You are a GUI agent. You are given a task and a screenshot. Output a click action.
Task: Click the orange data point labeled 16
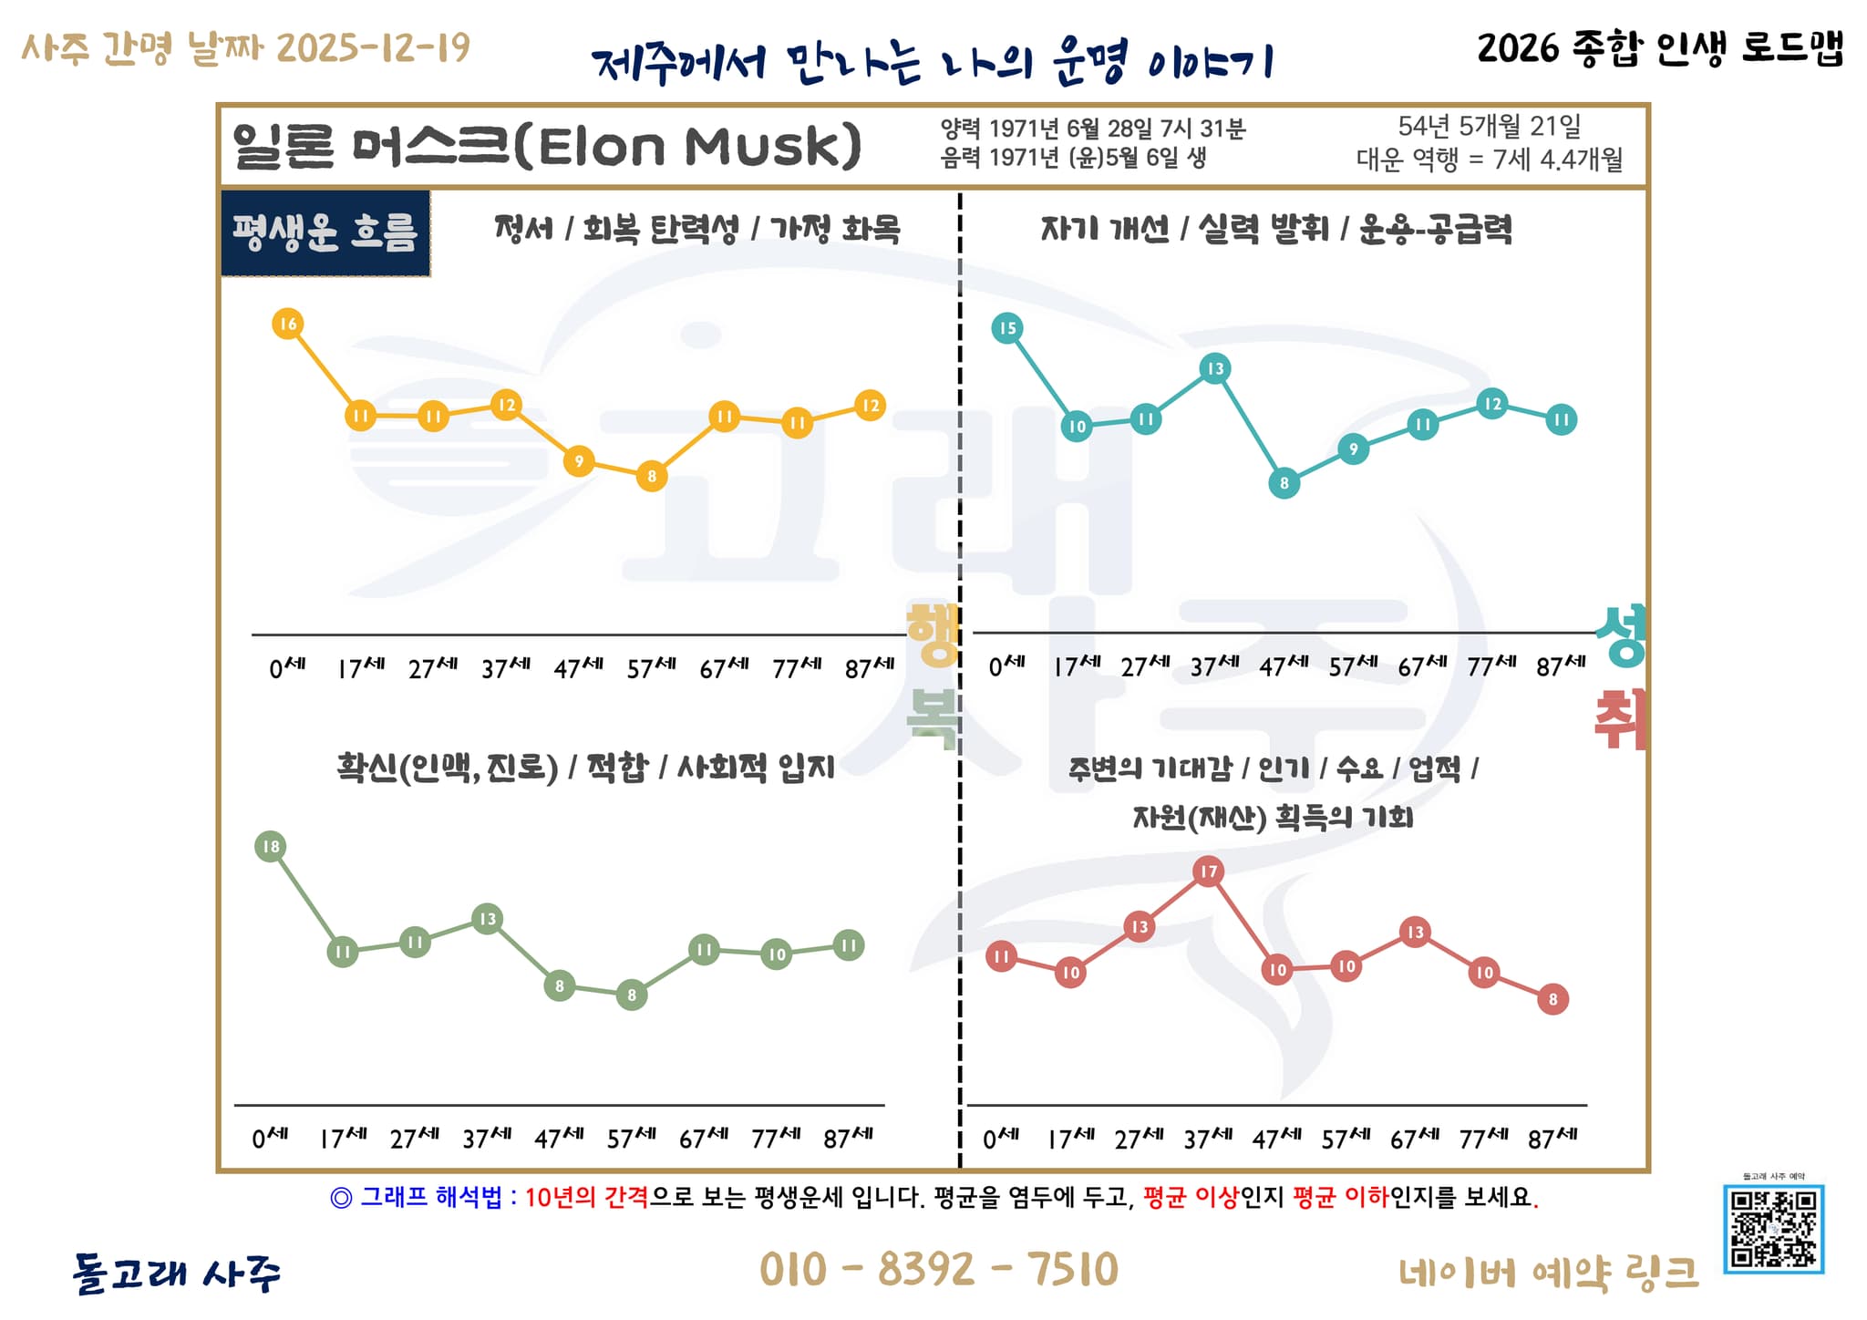click(x=287, y=324)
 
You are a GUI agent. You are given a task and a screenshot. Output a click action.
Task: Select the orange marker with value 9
click(x=579, y=461)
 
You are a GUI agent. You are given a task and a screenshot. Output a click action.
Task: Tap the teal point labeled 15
click(x=1007, y=328)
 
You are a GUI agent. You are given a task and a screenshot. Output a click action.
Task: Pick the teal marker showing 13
click(x=1215, y=368)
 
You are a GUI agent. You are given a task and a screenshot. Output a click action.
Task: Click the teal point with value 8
click(x=1284, y=483)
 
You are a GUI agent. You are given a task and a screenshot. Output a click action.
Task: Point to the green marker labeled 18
click(x=271, y=847)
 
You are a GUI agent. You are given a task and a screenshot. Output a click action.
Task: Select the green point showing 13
click(x=488, y=919)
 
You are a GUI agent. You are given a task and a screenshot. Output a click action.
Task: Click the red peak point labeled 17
click(x=1209, y=871)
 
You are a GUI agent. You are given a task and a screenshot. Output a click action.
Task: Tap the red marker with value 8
click(x=1553, y=999)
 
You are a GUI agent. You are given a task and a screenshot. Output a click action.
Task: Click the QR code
click(x=1773, y=1228)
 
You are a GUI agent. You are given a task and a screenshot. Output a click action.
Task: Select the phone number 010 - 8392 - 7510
click(x=938, y=1270)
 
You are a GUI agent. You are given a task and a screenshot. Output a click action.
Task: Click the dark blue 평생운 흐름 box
click(x=325, y=233)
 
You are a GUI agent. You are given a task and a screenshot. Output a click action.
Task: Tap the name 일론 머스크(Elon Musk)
click(x=547, y=146)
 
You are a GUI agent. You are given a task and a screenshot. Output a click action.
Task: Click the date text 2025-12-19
click(x=373, y=47)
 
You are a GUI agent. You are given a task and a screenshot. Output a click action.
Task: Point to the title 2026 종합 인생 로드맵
click(x=1659, y=47)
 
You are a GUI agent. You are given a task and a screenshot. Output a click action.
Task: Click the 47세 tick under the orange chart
click(x=578, y=668)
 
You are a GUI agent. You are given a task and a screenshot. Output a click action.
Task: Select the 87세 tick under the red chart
click(x=1552, y=1139)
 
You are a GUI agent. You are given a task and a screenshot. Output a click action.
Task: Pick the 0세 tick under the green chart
click(x=270, y=1138)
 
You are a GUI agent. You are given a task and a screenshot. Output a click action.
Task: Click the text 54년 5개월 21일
click(x=1490, y=127)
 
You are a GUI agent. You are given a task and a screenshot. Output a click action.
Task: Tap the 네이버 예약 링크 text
click(x=1549, y=1273)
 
